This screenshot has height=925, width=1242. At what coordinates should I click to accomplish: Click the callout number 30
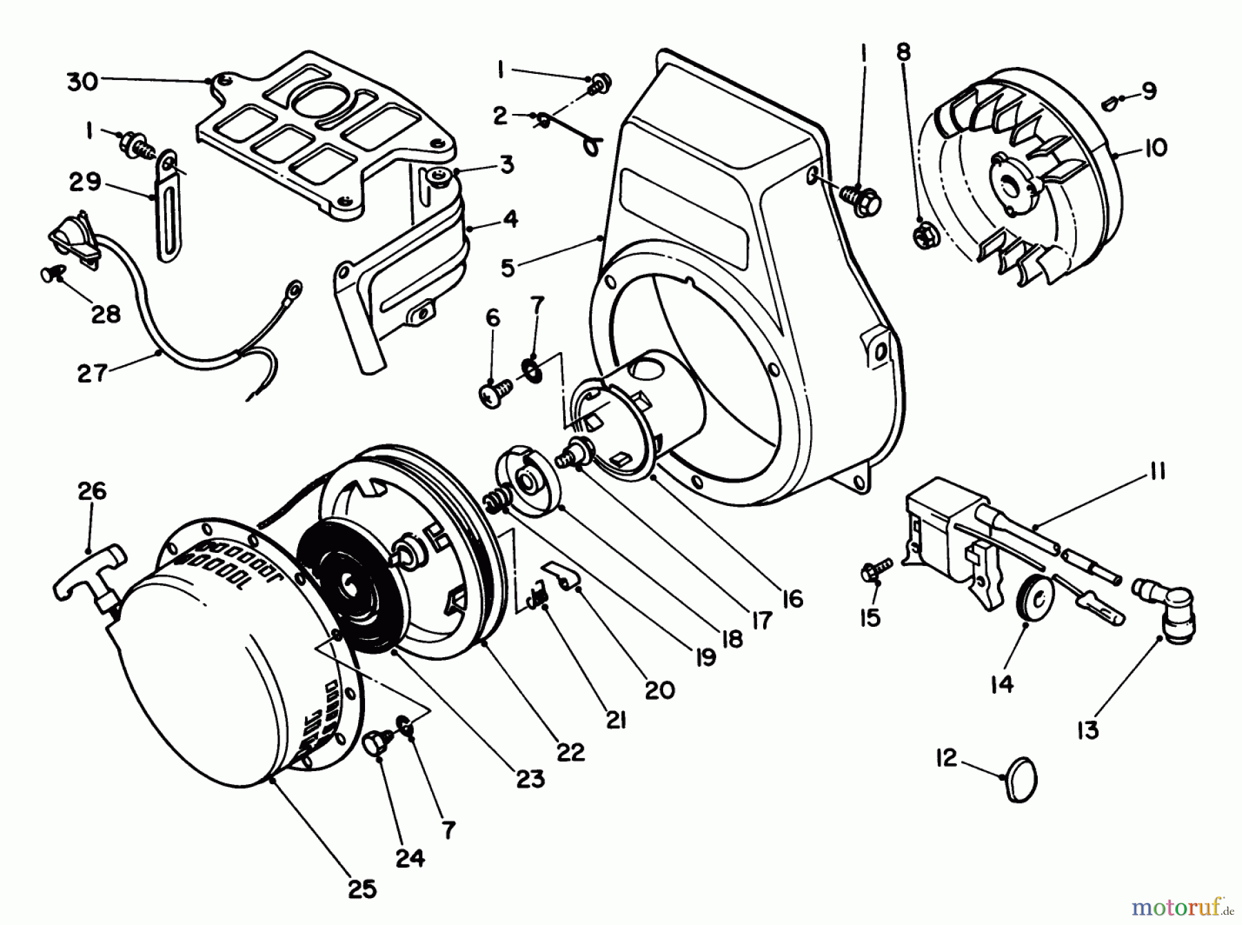(x=82, y=82)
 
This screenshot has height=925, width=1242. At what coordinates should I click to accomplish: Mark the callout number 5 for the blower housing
(x=507, y=268)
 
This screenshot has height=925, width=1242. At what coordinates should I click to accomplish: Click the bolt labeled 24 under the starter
(x=377, y=748)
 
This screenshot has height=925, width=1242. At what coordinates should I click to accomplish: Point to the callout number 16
(x=793, y=598)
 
